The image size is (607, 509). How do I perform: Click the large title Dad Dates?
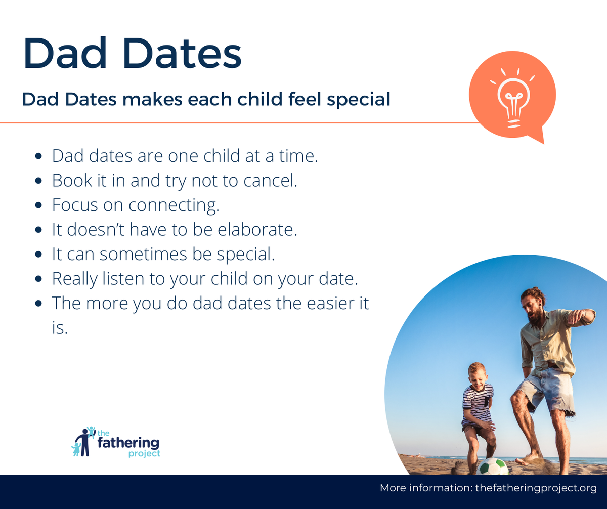point(132,53)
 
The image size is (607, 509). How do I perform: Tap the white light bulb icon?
point(513,98)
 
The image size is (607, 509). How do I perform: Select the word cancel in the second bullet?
point(270,180)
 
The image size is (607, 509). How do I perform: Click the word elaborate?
point(257,230)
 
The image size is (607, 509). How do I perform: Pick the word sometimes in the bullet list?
point(143,254)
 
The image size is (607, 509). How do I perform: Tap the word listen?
point(123,278)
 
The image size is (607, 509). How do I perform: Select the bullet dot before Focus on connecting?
point(38,205)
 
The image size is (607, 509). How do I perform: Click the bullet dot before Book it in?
point(38,181)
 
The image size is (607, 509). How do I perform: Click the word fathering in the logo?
point(128,443)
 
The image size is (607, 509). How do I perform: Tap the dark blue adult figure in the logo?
point(84,442)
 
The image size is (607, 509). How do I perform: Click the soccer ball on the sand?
point(493,466)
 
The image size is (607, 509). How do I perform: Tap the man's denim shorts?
point(546,388)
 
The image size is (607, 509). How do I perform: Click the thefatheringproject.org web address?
point(536,488)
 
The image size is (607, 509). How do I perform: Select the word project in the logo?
point(144,454)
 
